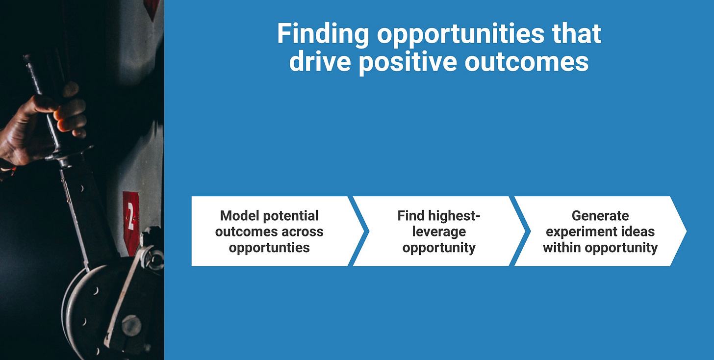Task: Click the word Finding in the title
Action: (323, 34)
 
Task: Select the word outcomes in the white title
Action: (527, 61)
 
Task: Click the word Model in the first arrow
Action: (239, 216)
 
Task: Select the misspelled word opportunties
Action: (269, 248)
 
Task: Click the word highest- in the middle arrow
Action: (454, 216)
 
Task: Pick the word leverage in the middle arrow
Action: (439, 232)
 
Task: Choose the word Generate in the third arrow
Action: (600, 216)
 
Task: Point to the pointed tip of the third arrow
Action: (686, 231)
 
